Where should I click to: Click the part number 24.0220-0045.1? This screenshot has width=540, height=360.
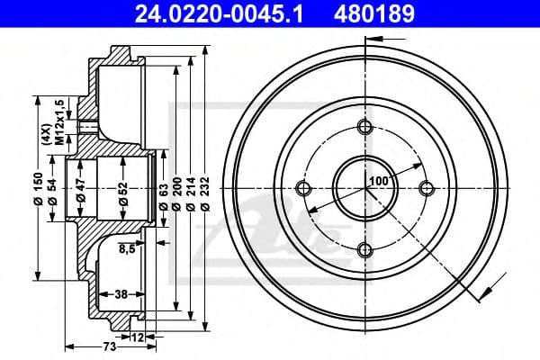tap(219, 13)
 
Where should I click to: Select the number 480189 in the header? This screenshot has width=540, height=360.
tap(374, 13)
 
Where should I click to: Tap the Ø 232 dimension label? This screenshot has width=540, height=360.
tap(205, 194)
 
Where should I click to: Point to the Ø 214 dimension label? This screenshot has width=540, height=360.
tap(191, 194)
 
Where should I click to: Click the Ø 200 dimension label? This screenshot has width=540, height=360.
tap(176, 194)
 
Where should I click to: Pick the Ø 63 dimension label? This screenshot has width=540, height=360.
tap(163, 197)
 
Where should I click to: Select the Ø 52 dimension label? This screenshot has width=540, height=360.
tap(123, 194)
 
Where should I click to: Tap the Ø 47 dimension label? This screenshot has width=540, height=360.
tap(80, 191)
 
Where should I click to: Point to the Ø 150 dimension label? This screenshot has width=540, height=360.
tap(38, 189)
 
